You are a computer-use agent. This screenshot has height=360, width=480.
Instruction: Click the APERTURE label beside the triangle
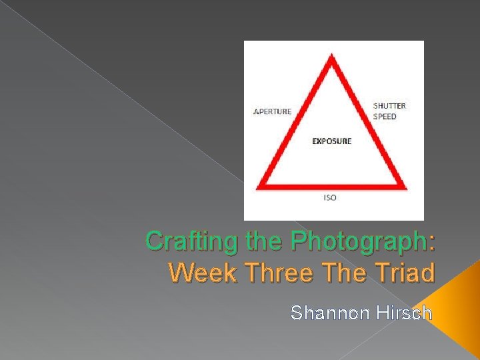[x=272, y=111]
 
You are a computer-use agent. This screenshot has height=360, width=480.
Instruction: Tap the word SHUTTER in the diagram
[x=389, y=106]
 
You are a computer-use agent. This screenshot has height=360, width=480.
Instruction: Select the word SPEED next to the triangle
[x=385, y=117]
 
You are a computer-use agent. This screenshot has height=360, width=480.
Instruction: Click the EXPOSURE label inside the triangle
[x=332, y=141]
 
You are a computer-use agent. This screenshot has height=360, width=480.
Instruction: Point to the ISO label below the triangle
[x=330, y=198]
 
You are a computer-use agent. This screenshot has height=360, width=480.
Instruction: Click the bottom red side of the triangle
[x=332, y=185]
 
